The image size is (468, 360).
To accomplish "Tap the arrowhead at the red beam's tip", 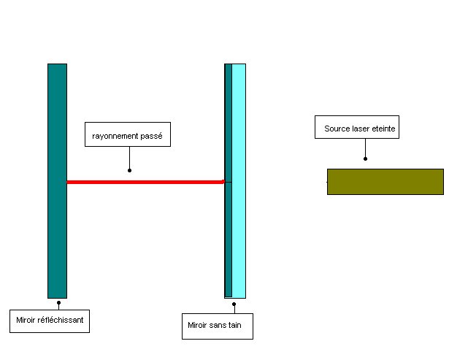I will pos(222,182).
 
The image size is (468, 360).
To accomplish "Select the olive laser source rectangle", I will pos(385,182).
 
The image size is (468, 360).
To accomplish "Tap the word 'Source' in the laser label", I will pos(337,129).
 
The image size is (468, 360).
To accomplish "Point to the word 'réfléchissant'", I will pos(60,320).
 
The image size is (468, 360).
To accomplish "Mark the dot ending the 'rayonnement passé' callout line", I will pos(129,170).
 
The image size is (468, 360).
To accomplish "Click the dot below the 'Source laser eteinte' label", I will pos(365,158).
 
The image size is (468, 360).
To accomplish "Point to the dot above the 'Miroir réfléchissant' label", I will pos(58,301).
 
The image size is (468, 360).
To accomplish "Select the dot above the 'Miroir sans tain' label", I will pos(234,304).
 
